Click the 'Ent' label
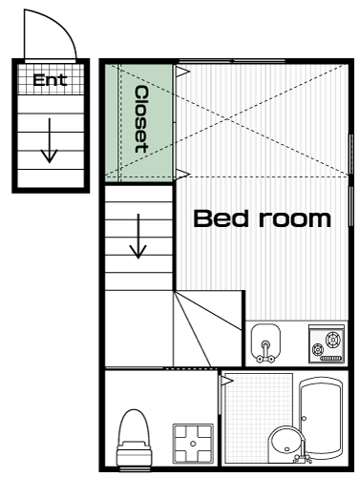pos(50,80)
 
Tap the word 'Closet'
pos(141,119)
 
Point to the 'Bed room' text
pos(263,218)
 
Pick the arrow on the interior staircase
pos(138,236)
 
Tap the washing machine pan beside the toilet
pos(193,444)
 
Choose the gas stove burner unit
pos(327,343)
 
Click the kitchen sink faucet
pos(265,352)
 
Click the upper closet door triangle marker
pos(182,72)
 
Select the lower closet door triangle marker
pos(182,175)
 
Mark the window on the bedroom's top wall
pos(231,61)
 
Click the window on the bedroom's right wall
pos(351,180)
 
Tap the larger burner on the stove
pos(332,339)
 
